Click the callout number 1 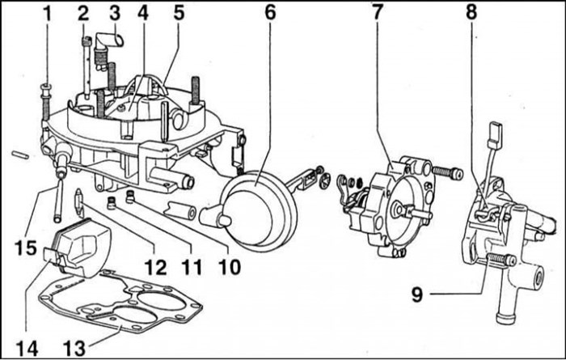[x=46, y=13]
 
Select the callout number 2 [x=82, y=13]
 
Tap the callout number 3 [x=115, y=13]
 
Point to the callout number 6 [x=269, y=13]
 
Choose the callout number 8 [x=471, y=13]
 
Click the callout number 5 [x=178, y=13]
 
